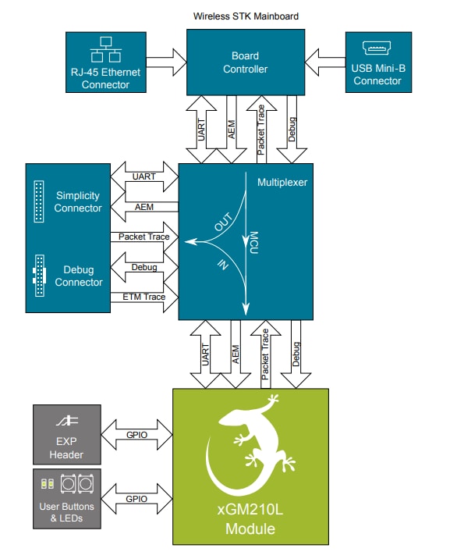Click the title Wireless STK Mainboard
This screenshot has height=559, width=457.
(246, 16)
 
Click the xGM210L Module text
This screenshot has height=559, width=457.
(250, 521)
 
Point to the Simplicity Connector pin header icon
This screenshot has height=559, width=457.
(38, 199)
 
